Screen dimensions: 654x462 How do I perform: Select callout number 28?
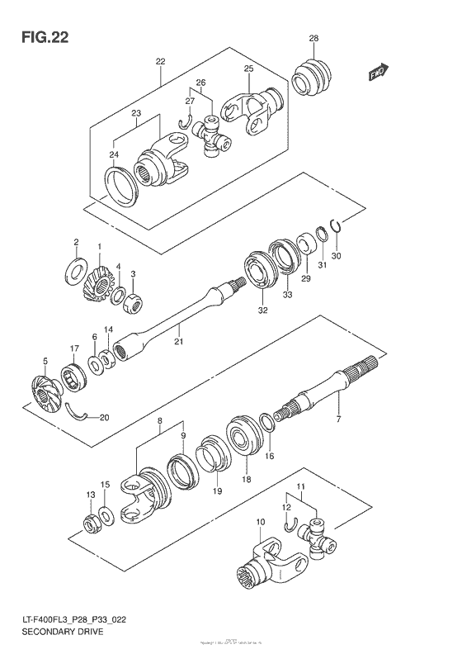[313, 39]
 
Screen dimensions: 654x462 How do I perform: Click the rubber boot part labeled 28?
[313, 81]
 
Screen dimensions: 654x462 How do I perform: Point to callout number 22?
[160, 61]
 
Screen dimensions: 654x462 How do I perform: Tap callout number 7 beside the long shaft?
[337, 421]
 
